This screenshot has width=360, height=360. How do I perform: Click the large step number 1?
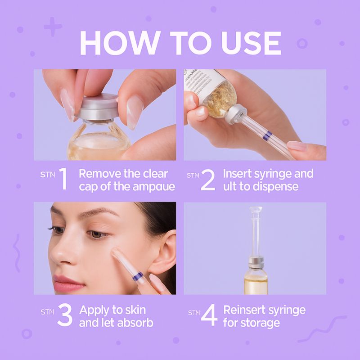63,180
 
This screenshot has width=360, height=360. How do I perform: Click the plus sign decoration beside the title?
53,28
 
